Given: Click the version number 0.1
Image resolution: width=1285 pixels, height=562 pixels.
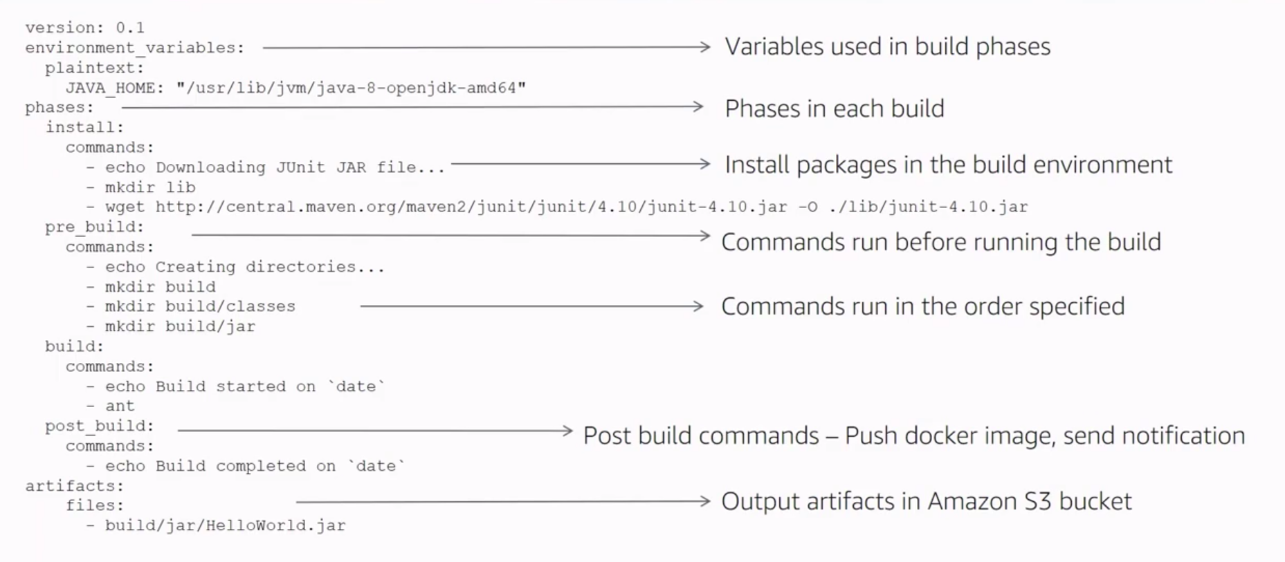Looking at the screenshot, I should [130, 28].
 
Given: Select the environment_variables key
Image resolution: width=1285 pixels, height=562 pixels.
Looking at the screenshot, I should [134, 48].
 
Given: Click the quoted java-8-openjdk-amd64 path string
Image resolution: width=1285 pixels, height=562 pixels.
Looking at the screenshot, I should [351, 88].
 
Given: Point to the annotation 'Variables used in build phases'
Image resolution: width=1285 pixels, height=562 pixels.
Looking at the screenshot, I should [887, 47].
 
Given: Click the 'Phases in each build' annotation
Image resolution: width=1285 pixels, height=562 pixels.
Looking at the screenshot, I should [834, 109].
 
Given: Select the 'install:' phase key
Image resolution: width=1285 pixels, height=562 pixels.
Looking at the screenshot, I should [84, 128].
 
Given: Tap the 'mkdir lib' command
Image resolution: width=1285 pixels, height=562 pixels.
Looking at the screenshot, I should [150, 187].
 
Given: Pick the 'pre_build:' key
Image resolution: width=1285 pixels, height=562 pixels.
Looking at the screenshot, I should [95, 227].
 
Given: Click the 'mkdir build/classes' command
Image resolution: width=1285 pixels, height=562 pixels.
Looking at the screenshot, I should [200, 307].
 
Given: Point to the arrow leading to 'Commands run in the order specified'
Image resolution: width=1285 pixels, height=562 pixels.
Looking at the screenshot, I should [531, 306].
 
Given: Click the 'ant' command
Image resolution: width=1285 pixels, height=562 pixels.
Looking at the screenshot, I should [120, 406].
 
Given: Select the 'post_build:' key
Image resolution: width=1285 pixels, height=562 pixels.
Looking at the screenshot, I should [100, 427].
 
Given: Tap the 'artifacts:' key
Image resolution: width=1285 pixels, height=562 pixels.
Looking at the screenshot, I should [75, 486].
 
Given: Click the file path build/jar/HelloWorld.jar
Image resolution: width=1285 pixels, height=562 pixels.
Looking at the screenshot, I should [225, 526].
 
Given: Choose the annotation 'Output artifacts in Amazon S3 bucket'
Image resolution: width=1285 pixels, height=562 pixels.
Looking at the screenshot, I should [926, 502].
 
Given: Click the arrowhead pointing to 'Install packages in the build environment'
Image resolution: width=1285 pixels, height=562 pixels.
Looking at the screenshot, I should [704, 165].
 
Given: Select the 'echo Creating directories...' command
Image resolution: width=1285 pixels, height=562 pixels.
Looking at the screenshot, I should [244, 268].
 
